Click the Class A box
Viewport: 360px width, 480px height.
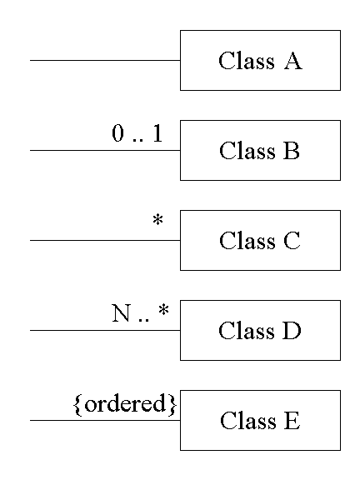(x=260, y=60)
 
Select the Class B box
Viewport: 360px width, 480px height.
(x=260, y=150)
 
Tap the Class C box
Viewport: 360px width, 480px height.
(x=260, y=240)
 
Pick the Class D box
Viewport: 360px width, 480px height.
(x=260, y=330)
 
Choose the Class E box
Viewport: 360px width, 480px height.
(x=260, y=420)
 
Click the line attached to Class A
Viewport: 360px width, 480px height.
(x=105, y=60)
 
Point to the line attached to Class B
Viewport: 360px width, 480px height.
(x=105, y=150)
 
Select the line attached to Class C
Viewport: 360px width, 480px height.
(x=105, y=240)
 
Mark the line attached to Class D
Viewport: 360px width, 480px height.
(x=105, y=330)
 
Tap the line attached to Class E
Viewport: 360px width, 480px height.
(x=105, y=420)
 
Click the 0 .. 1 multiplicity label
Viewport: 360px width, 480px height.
(x=137, y=133)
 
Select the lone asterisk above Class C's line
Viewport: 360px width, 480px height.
(x=158, y=220)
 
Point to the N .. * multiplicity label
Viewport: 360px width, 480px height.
(x=140, y=312)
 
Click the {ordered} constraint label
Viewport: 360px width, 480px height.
(x=125, y=404)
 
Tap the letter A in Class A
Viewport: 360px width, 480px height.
(x=293, y=61)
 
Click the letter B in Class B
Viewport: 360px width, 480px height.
(x=291, y=151)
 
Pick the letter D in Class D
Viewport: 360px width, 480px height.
(x=292, y=331)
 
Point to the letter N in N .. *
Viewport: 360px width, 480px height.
(x=121, y=312)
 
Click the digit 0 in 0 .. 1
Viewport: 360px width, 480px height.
(x=118, y=133)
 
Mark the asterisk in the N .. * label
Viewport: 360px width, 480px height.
(x=164, y=310)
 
